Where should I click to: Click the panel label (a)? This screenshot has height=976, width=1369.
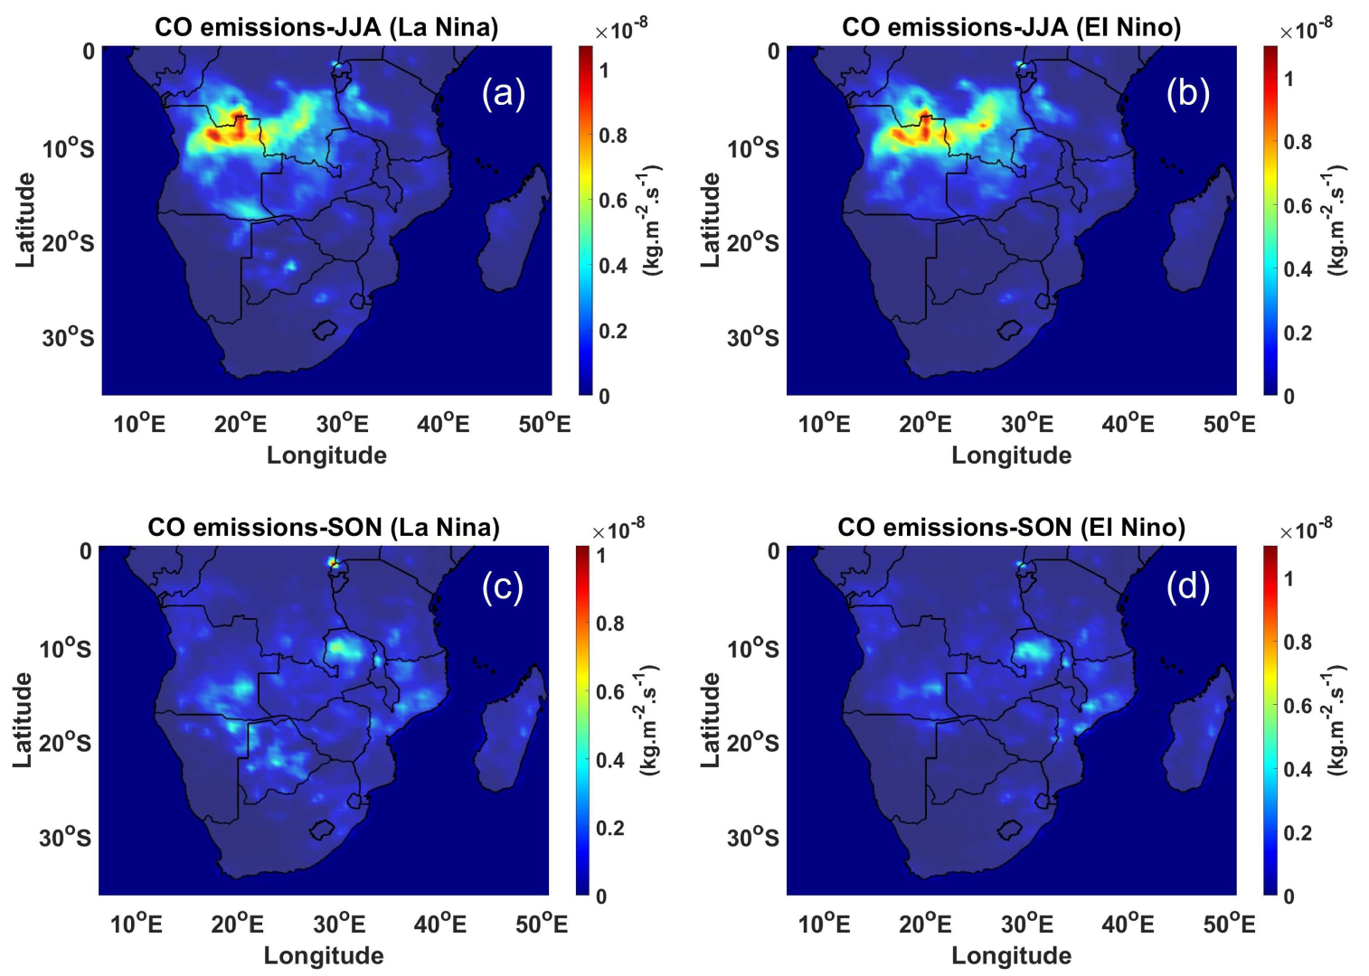click(503, 93)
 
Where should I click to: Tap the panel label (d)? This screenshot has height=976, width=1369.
click(1187, 587)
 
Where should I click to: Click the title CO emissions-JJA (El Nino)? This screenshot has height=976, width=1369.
click(1011, 27)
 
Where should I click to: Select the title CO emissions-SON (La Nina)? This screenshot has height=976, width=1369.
click(324, 527)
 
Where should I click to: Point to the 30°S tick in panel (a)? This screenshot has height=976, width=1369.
click(68, 337)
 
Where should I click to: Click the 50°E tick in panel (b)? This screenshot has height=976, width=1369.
click(1229, 424)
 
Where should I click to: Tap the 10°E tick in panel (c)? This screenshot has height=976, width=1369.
click(137, 924)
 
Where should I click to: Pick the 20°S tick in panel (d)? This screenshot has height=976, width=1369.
click(752, 742)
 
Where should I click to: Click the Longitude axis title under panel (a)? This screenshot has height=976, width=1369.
click(326, 455)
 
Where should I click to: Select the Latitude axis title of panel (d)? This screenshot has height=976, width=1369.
click(711, 720)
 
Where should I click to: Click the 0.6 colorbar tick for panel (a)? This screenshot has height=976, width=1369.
click(612, 201)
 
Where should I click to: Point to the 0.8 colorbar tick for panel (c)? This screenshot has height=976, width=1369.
click(609, 624)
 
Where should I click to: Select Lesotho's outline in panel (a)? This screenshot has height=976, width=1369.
click(325, 330)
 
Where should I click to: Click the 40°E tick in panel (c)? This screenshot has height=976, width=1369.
click(440, 924)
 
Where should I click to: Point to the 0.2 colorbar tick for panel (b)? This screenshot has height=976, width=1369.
click(1297, 333)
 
